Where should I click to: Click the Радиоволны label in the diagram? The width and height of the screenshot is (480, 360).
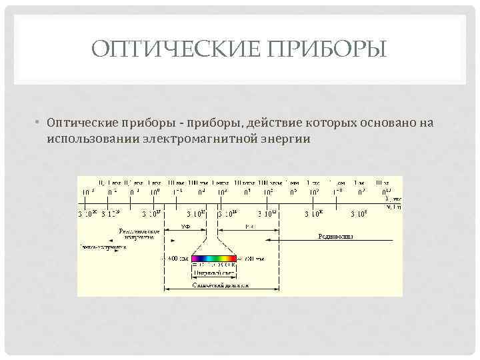coord(335,236)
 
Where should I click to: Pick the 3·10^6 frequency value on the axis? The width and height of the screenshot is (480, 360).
coord(360,213)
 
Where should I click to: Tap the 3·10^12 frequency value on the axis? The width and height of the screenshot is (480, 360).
coord(269,213)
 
